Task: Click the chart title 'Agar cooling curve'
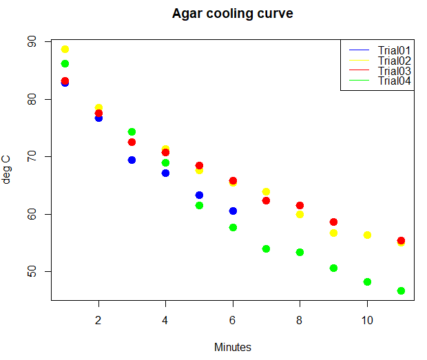[232, 14]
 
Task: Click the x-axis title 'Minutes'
[232, 347]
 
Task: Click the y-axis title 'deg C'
[8, 170]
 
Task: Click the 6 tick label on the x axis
[233, 320]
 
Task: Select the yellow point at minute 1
[65, 50]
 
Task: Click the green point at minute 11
[401, 290]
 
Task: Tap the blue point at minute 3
[132, 160]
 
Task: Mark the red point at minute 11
[401, 240]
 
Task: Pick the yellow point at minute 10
[367, 235]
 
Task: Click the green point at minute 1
[65, 63]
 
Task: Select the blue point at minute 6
[233, 211]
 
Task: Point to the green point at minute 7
[266, 248]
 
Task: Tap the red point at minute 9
[333, 222]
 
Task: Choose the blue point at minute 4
[165, 173]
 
